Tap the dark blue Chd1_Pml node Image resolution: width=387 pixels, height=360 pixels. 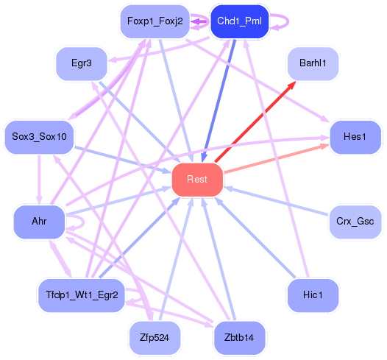pyautogui.click(x=239, y=21)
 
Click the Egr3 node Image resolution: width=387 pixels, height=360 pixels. pyautogui.click(x=82, y=64)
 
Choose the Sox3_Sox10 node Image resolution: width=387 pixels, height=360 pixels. pyautogui.click(x=40, y=137)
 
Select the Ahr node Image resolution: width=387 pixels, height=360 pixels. pyautogui.click(x=40, y=222)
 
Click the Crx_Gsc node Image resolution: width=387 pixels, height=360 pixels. pyautogui.click(x=356, y=222)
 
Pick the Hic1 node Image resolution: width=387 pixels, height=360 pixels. pyautogui.click(x=313, y=295)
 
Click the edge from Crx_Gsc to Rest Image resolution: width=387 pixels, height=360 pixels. pyautogui.click(x=276, y=201)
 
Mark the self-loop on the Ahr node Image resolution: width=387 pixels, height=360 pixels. pyautogui.click(x=76, y=222)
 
